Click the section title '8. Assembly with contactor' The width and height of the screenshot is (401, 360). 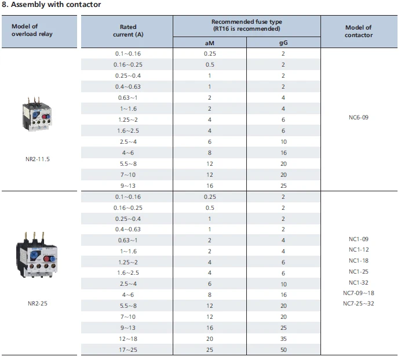coord(52,5)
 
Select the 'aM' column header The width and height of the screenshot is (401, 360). coord(209,43)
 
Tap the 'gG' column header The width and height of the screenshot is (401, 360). coord(283,43)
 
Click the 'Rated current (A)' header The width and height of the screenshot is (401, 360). coord(128,31)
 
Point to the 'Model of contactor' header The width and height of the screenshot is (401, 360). coord(359,31)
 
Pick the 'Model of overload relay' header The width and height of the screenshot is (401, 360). coord(32,30)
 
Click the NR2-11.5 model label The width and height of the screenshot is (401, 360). coord(38,159)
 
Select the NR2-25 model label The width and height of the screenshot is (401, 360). coord(38,303)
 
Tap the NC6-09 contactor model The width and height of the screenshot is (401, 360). coord(359,118)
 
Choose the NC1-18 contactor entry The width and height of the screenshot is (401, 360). coord(359,261)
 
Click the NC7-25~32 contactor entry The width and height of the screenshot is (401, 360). coord(359,303)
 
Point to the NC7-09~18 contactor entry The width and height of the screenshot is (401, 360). coord(359,293)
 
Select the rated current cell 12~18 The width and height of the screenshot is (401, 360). coord(128,339)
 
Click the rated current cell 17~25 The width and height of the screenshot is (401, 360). coord(128,350)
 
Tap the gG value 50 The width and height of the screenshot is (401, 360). coord(283,350)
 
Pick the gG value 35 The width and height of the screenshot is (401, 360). coord(283,339)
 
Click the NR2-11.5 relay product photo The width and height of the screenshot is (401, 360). coord(37,114)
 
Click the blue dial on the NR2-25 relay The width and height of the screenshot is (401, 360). coord(34,255)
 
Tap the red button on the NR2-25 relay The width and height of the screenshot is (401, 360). coord(46,259)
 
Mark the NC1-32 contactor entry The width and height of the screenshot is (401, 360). coord(359,282)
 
